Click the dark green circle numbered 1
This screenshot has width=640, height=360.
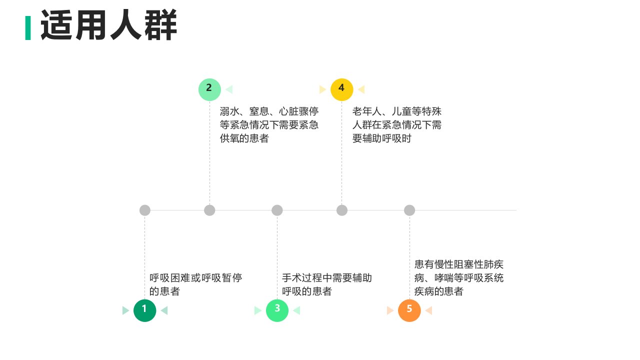pos(144,310)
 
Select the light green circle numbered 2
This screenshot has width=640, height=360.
pos(209,89)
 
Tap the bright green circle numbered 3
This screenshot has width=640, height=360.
pos(277,310)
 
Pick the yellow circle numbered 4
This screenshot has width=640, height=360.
pos(341,89)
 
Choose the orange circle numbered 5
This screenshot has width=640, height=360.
pos(409,310)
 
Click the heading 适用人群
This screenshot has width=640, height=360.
pos(109,25)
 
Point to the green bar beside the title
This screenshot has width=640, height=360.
pos(28,27)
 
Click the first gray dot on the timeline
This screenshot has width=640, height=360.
pos(145,210)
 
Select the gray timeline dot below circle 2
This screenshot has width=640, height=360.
pos(209,210)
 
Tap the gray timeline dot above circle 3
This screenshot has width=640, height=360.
pos(277,210)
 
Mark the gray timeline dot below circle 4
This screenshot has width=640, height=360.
pos(341,210)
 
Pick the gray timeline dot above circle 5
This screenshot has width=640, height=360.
pos(409,210)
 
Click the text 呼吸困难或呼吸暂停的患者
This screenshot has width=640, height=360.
pos(195,284)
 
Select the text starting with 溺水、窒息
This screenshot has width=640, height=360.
pos(269,125)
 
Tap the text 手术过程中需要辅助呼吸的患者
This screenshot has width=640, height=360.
pos(327,284)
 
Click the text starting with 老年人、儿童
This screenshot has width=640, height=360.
pos(397,125)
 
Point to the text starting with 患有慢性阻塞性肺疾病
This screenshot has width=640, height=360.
pos(459,277)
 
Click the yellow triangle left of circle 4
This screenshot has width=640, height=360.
pos(322,89)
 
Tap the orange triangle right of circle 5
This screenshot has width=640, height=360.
pos(429,310)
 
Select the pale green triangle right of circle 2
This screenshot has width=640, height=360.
pos(229,89)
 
